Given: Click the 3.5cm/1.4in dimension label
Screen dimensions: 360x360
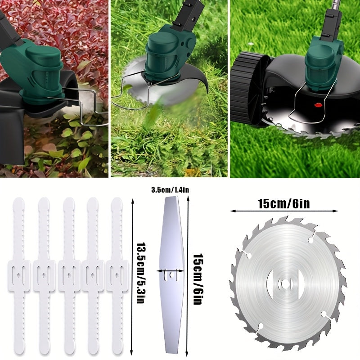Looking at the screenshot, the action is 170,190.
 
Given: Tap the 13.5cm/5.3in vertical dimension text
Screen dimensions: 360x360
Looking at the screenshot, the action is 140,273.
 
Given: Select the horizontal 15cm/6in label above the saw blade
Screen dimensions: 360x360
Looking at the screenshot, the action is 284,204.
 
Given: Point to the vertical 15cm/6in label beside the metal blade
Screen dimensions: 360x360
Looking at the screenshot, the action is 198,279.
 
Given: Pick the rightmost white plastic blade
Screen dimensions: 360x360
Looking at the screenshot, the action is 117,276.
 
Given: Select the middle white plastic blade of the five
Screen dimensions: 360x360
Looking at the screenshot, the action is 69,276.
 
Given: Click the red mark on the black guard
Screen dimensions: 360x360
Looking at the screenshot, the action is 318,105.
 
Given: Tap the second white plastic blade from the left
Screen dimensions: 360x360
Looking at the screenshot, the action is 44,276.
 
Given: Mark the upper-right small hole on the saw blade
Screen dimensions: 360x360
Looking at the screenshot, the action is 311,240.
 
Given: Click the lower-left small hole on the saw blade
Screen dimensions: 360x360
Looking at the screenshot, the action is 261,326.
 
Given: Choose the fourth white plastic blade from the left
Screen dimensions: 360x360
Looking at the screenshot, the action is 93,276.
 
